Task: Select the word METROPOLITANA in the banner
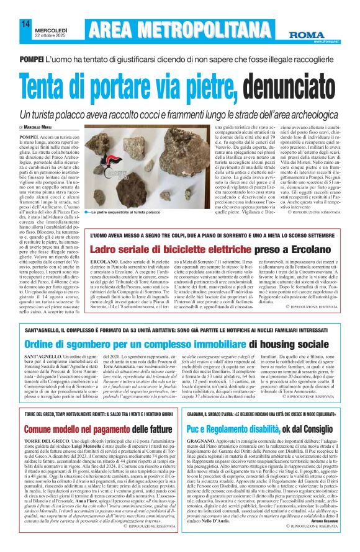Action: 217,29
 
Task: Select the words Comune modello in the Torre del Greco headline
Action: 53,446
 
